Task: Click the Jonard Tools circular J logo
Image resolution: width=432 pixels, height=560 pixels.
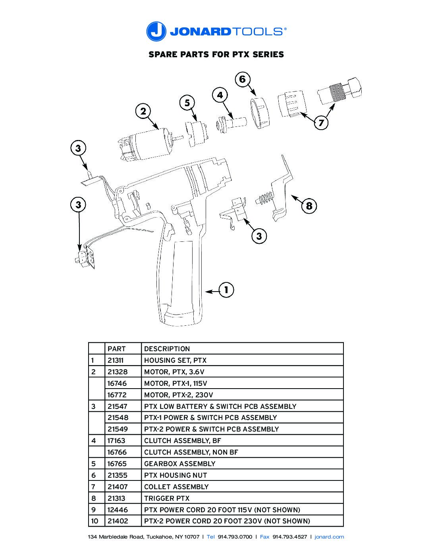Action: tap(156, 31)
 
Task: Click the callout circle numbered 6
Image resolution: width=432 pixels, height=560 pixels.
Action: tap(242, 80)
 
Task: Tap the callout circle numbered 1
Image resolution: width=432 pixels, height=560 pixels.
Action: tap(226, 290)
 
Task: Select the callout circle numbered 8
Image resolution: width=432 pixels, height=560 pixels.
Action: tap(309, 206)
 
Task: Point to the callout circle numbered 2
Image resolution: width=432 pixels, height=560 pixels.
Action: tap(143, 111)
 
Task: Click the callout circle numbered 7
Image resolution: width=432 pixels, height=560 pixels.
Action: tap(321, 122)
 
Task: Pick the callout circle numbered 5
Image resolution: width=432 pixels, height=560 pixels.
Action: tap(187, 103)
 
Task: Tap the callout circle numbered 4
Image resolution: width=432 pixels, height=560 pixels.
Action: tap(220, 95)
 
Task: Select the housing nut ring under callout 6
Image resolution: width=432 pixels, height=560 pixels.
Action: tap(260, 114)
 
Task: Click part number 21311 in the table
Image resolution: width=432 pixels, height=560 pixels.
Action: tap(116, 360)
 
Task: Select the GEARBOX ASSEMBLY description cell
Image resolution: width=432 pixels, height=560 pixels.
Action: tap(179, 464)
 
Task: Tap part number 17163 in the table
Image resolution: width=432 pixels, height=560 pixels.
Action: tap(116, 441)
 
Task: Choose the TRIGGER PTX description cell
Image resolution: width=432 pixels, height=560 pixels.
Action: tap(167, 498)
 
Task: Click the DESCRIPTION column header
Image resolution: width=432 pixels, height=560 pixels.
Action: tap(167, 349)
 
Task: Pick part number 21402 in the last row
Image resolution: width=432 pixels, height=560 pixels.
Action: tap(118, 521)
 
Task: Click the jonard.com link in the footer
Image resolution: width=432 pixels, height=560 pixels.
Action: tap(329, 537)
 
